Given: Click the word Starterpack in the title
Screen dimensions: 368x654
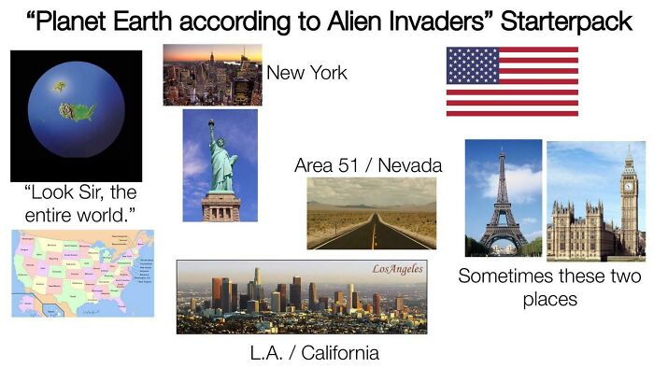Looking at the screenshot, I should [x=567, y=21].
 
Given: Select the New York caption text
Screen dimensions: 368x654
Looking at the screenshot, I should [x=306, y=73].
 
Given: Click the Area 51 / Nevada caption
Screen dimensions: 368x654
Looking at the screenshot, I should [x=368, y=165].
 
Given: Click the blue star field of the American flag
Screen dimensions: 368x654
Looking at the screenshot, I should [x=473, y=66].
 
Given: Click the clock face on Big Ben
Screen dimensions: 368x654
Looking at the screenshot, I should [x=630, y=178].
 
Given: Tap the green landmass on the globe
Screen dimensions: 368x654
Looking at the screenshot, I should [x=78, y=112].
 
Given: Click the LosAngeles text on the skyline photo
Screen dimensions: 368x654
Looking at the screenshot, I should [x=397, y=269].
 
